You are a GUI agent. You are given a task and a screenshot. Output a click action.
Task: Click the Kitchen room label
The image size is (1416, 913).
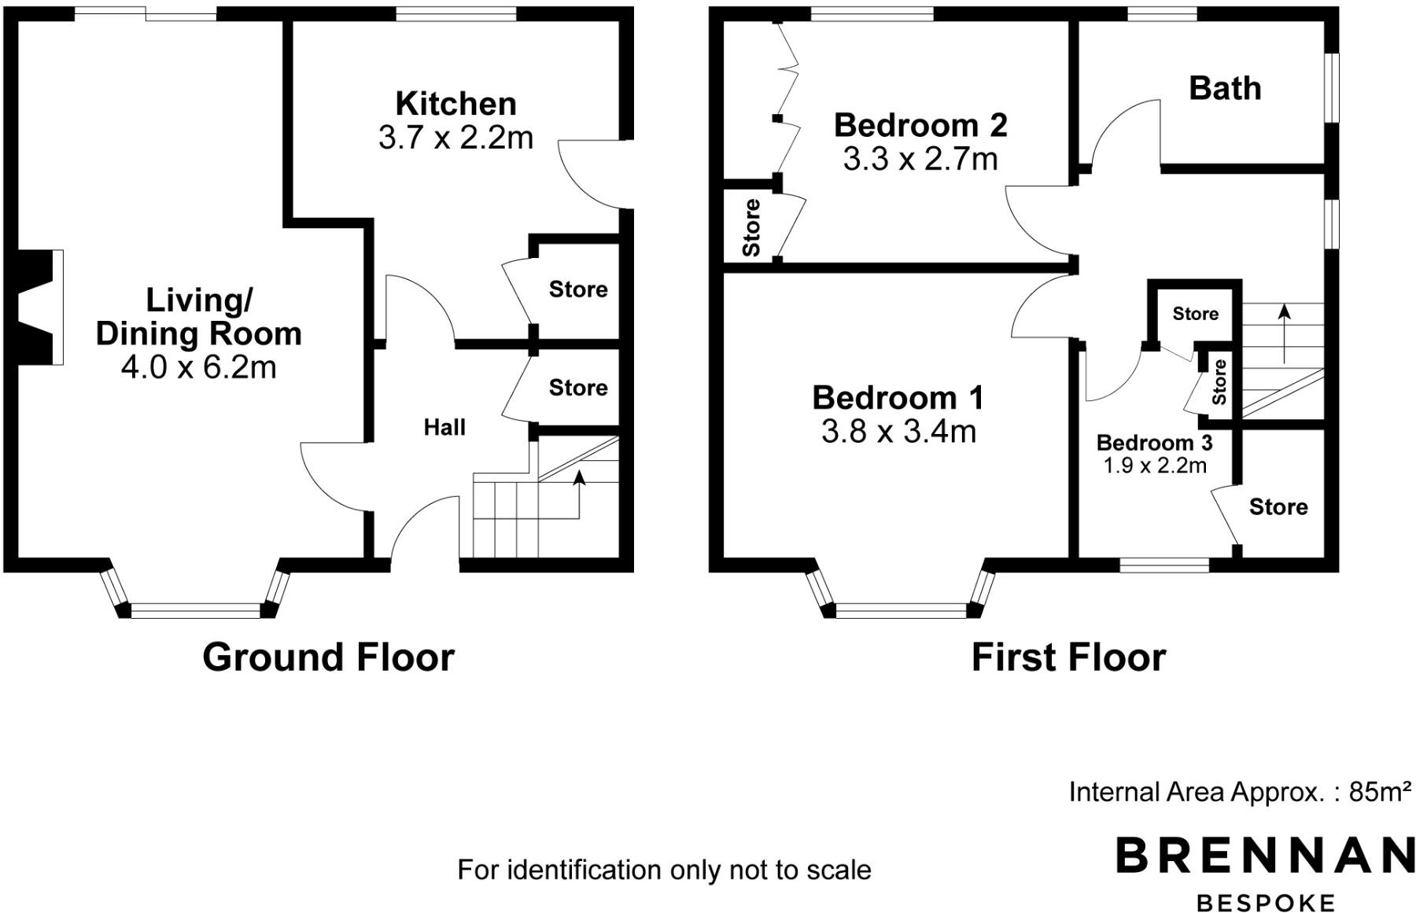(455, 104)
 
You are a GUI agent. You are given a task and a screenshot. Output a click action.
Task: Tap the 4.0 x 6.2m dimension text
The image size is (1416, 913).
(198, 367)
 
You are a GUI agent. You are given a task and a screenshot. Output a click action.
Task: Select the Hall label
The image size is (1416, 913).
(444, 427)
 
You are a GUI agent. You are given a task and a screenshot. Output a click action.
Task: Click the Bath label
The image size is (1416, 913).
(1225, 88)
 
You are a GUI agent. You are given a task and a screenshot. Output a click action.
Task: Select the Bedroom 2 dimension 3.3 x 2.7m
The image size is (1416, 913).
(920, 160)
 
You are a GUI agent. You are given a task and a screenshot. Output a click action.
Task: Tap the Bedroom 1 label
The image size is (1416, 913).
(898, 397)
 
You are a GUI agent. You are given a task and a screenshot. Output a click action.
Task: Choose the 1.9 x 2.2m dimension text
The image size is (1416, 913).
(1154, 466)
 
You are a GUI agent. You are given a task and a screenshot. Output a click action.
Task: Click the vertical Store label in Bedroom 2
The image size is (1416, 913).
(751, 227)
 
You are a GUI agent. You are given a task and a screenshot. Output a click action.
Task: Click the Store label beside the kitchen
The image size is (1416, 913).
(578, 289)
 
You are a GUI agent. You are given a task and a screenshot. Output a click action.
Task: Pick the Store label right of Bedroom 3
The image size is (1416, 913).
(1278, 506)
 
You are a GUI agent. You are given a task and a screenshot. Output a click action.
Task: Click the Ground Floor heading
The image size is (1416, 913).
(328, 657)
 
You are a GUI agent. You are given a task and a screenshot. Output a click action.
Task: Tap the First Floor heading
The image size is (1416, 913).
(1068, 657)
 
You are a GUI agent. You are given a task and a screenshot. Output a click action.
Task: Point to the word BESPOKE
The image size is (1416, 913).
(1265, 902)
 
